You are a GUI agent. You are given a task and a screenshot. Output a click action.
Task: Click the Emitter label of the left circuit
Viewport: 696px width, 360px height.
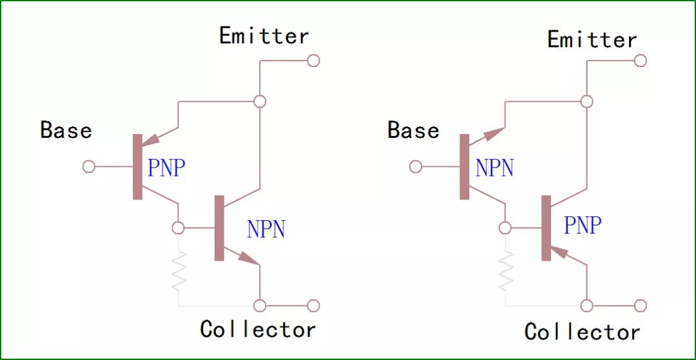pos(264,36)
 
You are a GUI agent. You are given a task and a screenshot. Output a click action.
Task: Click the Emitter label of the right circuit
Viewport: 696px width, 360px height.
pos(592,40)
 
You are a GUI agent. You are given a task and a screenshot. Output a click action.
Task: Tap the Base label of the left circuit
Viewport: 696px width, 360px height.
pos(66,130)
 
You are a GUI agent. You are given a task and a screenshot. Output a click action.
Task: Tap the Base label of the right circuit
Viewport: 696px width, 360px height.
pos(413,131)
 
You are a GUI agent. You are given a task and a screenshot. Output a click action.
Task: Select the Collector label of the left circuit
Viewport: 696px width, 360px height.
pos(258,330)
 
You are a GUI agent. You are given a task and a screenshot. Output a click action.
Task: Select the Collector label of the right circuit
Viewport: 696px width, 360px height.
pos(582,332)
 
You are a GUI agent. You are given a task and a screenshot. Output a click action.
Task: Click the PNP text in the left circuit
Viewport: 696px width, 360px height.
pos(166,168)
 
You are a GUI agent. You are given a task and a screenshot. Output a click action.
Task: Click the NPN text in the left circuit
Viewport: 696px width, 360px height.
pos(266,229)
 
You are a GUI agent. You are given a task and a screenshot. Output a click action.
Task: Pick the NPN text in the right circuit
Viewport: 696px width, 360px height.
pos(494,168)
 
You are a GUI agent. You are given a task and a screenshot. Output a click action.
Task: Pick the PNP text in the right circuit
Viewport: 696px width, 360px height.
pos(583,225)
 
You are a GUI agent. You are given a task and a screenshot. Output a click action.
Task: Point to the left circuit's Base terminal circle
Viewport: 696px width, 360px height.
pos(89,167)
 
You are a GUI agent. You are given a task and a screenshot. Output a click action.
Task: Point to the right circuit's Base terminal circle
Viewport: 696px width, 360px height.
pos(416,167)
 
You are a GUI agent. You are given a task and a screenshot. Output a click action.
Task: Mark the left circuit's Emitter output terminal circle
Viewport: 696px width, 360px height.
pos(313,61)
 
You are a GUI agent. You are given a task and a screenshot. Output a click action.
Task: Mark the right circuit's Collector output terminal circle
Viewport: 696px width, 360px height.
pos(640,305)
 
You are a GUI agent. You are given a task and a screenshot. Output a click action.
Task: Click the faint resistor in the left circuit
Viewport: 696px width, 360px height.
pos(179,270)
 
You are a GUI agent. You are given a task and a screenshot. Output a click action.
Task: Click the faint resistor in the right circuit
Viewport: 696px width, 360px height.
pos(507,270)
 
